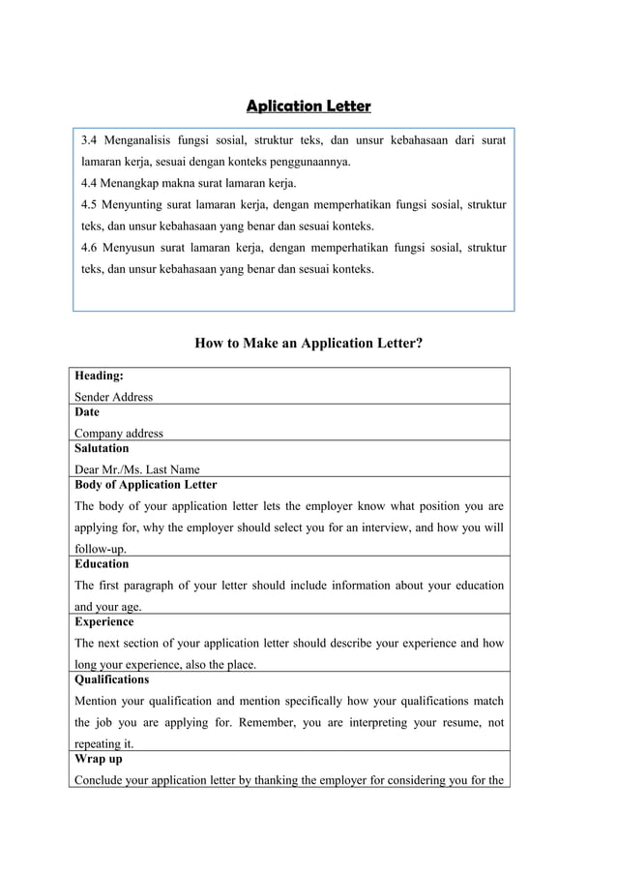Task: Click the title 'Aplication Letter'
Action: [308, 105]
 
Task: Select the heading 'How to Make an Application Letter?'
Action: [308, 343]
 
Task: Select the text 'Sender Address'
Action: [113, 397]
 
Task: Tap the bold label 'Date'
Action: [87, 412]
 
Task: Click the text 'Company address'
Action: [119, 434]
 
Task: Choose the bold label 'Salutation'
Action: [102, 449]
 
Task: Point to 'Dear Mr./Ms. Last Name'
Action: [137, 470]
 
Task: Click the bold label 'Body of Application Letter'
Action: [146, 485]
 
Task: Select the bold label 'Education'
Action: [102, 564]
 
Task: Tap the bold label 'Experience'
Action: [104, 622]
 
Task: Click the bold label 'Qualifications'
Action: [112, 680]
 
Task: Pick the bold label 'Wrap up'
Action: [98, 760]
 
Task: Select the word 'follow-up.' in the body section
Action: [101, 550]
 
